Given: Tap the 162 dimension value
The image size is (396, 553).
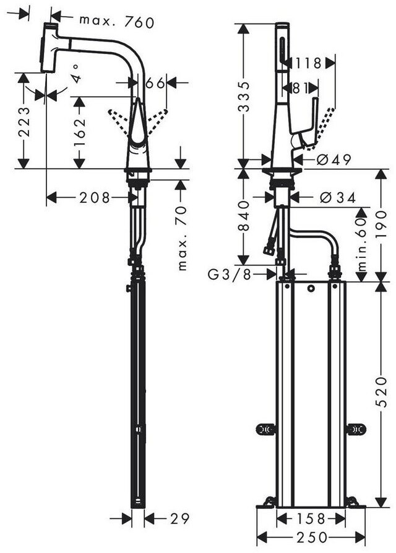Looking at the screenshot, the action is coord(80,131).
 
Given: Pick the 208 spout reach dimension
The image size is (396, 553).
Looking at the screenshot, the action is coord(95,198).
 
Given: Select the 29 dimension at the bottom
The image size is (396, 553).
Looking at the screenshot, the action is coord(179,518).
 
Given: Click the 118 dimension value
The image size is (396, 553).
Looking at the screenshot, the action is coord(309,63).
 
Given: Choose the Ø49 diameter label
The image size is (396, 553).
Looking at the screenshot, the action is coord(334,160).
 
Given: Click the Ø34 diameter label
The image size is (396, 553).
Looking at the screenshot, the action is coord(338,198).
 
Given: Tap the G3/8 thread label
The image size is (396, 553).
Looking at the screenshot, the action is coord(229,275).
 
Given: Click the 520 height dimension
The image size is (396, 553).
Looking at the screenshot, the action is coord(381,392).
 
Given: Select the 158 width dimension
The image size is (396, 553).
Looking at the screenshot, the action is coord(310,518).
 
